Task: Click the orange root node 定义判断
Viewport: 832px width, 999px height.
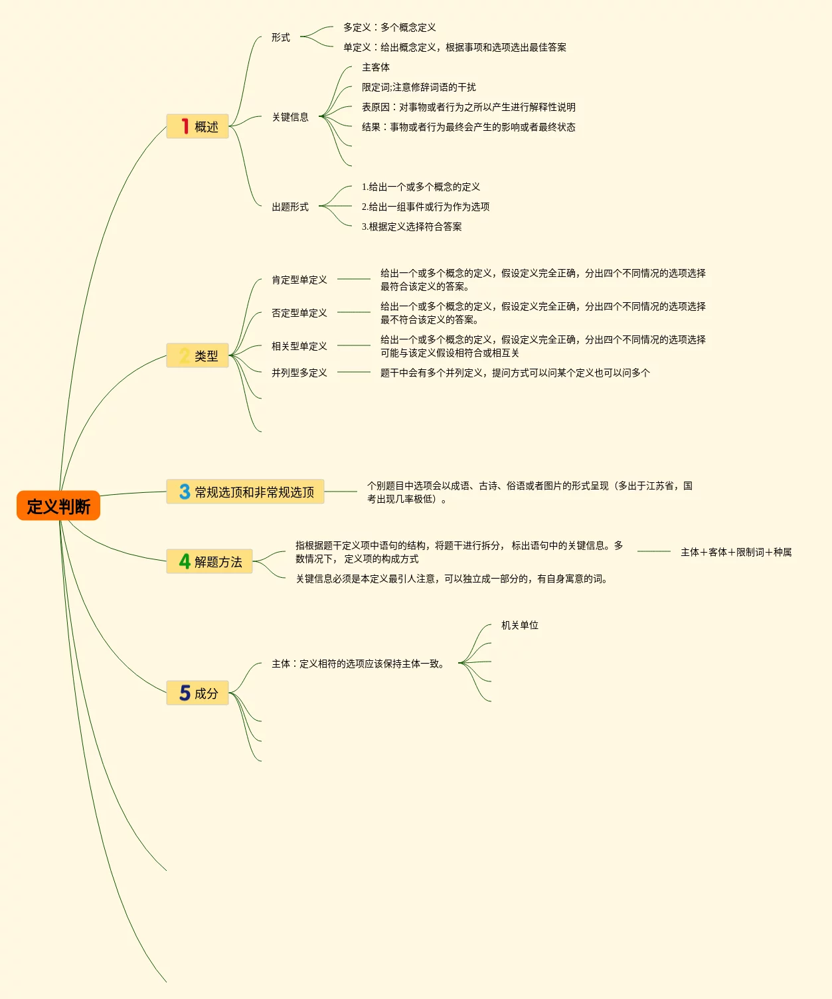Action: coord(58,506)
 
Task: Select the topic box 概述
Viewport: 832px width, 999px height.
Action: coord(197,126)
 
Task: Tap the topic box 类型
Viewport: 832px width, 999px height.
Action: coord(197,355)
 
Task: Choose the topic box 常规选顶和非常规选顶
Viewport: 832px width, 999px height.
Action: coord(245,492)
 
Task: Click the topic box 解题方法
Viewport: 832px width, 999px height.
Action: coord(209,561)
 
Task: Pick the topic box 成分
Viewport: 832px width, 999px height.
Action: coord(197,693)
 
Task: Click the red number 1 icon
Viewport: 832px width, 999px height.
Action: coord(185,126)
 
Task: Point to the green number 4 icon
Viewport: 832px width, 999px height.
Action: coord(185,561)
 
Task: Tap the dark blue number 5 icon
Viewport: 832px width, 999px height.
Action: coord(185,693)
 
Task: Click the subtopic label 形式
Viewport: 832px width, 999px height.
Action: coord(280,37)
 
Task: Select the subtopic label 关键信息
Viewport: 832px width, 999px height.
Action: coord(290,117)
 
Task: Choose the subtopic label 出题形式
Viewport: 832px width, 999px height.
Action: coord(290,207)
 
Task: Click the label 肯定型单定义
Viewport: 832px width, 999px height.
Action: coord(299,280)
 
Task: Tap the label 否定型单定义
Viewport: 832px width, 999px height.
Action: coord(299,313)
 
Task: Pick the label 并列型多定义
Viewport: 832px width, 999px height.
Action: coord(299,373)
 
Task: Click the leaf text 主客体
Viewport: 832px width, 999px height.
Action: coord(375,67)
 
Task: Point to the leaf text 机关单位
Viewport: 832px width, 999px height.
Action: coord(519,625)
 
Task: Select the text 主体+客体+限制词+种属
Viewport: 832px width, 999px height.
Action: coord(736,552)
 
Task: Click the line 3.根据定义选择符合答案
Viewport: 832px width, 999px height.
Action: coord(411,227)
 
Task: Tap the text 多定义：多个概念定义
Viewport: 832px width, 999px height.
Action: coord(389,27)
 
